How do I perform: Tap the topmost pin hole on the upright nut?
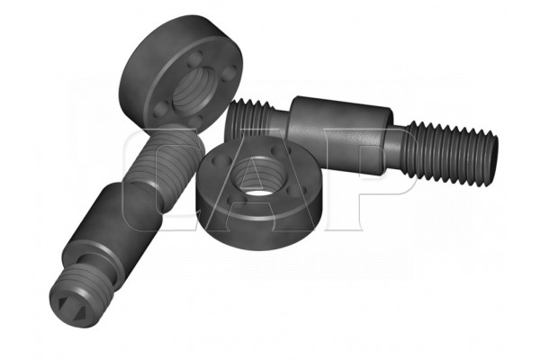pyautogui.click(x=197, y=56)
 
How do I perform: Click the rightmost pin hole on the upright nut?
pyautogui.click(x=229, y=73)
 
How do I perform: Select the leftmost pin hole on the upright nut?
pyautogui.click(x=158, y=108)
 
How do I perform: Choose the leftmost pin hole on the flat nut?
pyautogui.click(x=220, y=160)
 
